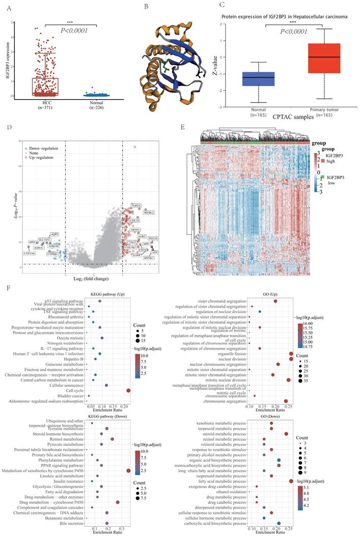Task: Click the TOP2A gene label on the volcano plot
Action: pos(136,205)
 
